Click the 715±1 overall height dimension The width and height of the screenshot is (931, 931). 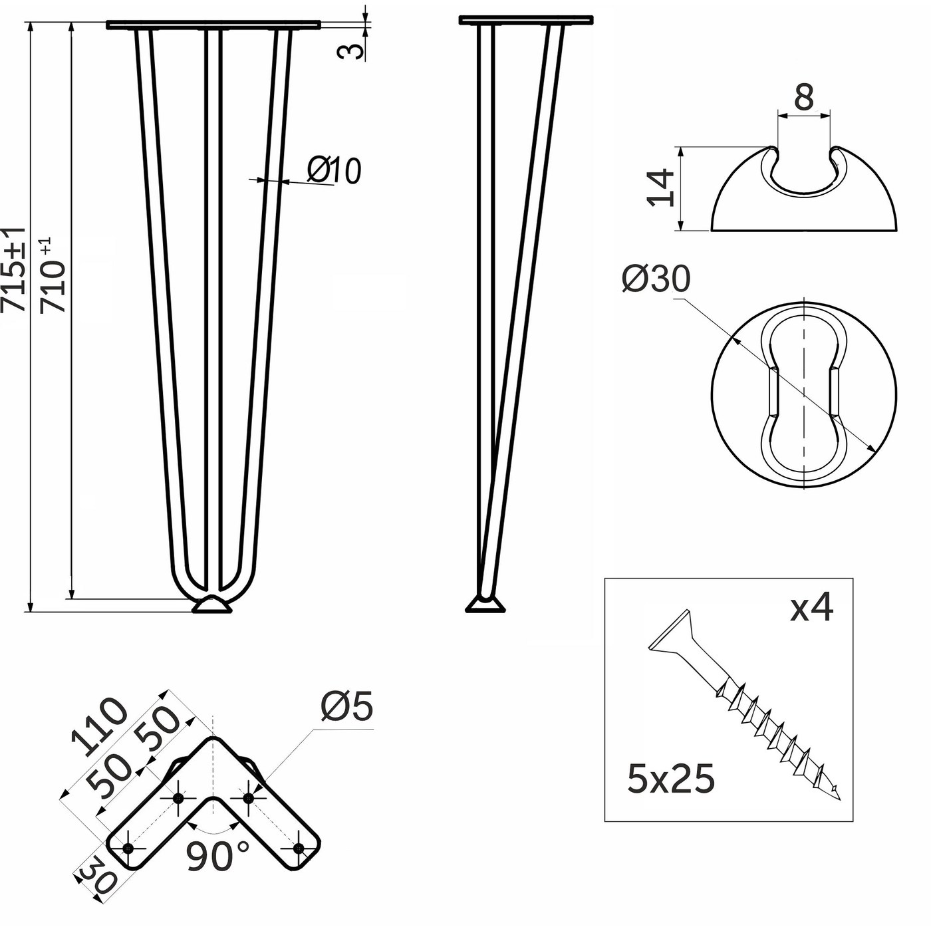point(13,269)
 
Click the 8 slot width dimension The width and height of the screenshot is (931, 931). point(803,97)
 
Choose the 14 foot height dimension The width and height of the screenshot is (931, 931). point(660,188)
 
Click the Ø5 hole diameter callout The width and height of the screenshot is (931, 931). point(346,707)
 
